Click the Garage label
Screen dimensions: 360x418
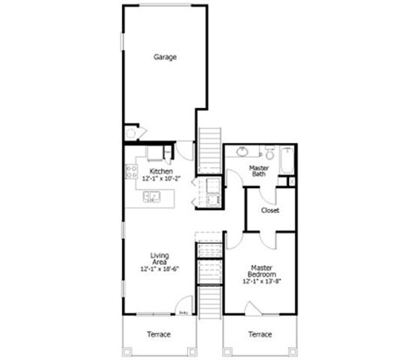tap(165, 58)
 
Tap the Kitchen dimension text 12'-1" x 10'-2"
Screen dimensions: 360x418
tap(161, 179)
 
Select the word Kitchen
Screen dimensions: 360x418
tap(161, 171)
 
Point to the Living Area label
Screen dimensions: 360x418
tap(159, 259)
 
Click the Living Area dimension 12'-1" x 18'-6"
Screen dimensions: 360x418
tap(159, 271)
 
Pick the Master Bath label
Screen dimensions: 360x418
tap(259, 171)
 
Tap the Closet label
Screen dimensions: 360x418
tap(270, 210)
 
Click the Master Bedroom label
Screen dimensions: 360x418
tap(262, 272)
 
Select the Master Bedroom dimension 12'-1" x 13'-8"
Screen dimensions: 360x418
tap(262, 282)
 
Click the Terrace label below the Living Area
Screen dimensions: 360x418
tap(158, 334)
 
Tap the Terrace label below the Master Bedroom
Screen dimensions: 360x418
tap(260, 334)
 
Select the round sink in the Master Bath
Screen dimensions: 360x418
tap(243, 152)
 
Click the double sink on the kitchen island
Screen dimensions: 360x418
tap(152, 198)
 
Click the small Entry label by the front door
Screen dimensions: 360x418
tap(184, 311)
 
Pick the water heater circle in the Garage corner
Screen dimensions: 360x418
tap(131, 133)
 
